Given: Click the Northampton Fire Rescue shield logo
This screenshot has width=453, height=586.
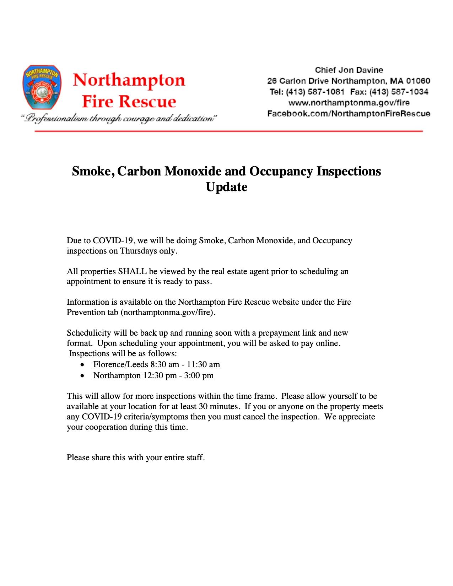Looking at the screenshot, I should [42, 87].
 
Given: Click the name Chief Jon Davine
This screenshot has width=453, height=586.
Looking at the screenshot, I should [349, 70].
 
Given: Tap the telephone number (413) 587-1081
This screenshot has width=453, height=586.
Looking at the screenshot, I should [315, 92].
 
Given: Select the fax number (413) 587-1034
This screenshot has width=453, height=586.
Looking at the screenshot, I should [399, 92].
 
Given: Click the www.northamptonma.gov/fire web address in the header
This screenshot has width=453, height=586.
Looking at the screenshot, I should [349, 103].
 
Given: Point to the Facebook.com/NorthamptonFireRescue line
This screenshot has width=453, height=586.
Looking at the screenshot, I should [349, 114].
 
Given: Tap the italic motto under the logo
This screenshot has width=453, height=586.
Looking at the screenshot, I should [119, 118].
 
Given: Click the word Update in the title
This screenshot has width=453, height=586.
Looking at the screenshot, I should [226, 187].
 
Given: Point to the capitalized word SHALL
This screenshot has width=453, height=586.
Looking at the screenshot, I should [132, 272].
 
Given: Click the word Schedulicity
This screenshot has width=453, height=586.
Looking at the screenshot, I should [89, 333].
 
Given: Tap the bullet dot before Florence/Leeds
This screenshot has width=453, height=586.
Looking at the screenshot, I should [82, 365].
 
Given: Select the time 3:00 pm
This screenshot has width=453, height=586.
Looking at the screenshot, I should [199, 376].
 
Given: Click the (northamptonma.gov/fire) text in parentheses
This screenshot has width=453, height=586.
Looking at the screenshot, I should [168, 313].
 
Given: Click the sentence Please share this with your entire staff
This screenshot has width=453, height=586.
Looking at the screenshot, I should [136, 458].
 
